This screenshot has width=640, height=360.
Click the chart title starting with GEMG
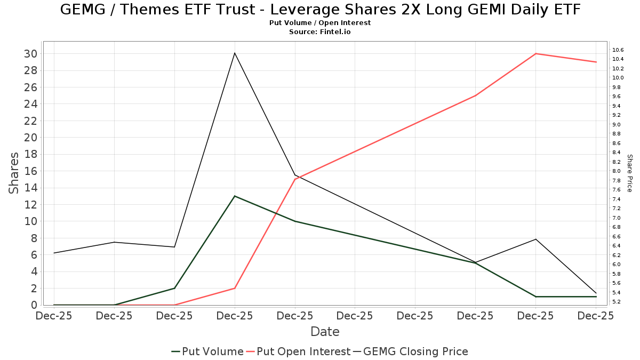[x=320, y=10]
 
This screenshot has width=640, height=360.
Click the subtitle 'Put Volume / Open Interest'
[x=320, y=23]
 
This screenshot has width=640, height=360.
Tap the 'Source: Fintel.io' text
[x=320, y=32]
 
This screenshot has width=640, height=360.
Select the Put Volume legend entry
[x=207, y=351]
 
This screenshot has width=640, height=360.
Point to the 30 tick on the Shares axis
[x=30, y=54]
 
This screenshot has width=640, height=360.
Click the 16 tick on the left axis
[x=30, y=171]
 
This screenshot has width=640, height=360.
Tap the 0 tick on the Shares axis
[x=34, y=305]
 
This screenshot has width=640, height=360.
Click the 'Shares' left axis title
[x=14, y=173]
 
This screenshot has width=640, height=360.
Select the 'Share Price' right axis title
[x=629, y=173]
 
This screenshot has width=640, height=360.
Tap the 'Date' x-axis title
[x=325, y=332]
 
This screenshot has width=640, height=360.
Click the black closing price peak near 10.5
[x=235, y=53]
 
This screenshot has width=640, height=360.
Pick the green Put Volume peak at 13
[x=235, y=196]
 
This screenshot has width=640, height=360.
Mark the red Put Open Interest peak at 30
[x=536, y=54]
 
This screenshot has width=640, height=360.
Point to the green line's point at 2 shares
[x=174, y=289]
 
